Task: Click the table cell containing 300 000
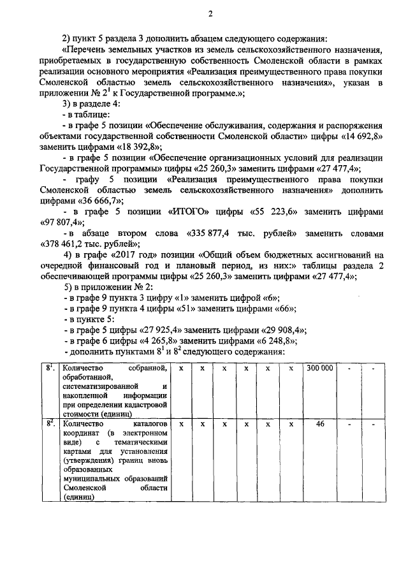pos(319,369)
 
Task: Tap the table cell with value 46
pos(319,423)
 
